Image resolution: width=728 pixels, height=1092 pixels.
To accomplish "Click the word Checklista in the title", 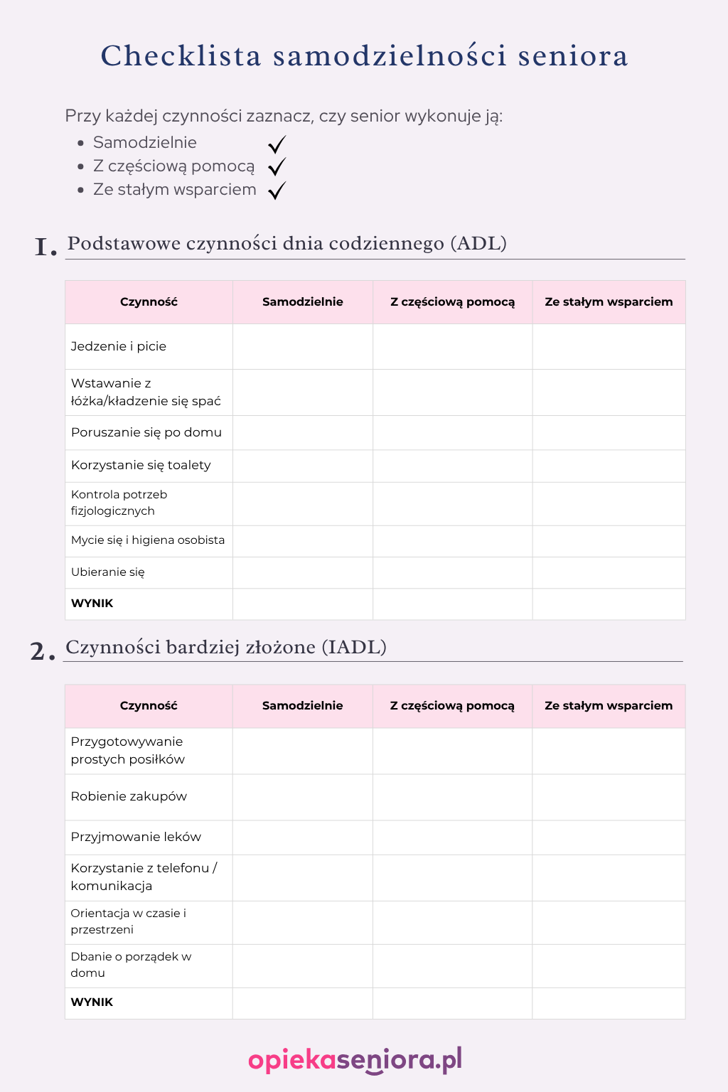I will pos(181,56).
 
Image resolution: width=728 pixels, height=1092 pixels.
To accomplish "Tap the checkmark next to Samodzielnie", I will pos(277,144).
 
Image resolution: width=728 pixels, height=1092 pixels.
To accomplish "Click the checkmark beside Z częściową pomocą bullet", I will pos(277,167).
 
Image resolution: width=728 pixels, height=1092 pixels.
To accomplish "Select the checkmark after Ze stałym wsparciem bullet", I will pos(277,191).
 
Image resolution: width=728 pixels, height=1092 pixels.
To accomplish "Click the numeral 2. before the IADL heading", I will pos(42,652).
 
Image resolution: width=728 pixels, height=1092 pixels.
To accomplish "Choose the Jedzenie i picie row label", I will pos(119,346).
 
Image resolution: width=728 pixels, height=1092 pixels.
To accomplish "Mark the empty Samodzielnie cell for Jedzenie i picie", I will pos(303,347).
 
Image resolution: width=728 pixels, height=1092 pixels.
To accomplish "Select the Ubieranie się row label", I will pos(108,572).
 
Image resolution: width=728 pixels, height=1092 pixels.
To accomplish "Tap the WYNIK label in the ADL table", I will pos(92,604).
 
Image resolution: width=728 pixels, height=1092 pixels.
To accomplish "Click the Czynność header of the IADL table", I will pos(149,706).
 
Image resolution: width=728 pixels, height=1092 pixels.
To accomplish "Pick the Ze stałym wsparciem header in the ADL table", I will pos(609,302).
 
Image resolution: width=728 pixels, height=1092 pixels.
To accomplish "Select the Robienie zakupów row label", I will pos(129,796).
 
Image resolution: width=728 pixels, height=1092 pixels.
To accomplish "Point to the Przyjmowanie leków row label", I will pos(136,837).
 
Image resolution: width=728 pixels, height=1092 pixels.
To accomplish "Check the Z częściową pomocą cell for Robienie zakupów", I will pos(452,797).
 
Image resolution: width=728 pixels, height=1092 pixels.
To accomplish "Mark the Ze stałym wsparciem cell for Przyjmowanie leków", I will pos(609,837).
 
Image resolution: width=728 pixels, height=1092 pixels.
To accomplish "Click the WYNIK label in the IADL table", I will pos(92,1002).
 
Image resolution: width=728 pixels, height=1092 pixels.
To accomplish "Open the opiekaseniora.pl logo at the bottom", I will pos(355,1060).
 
